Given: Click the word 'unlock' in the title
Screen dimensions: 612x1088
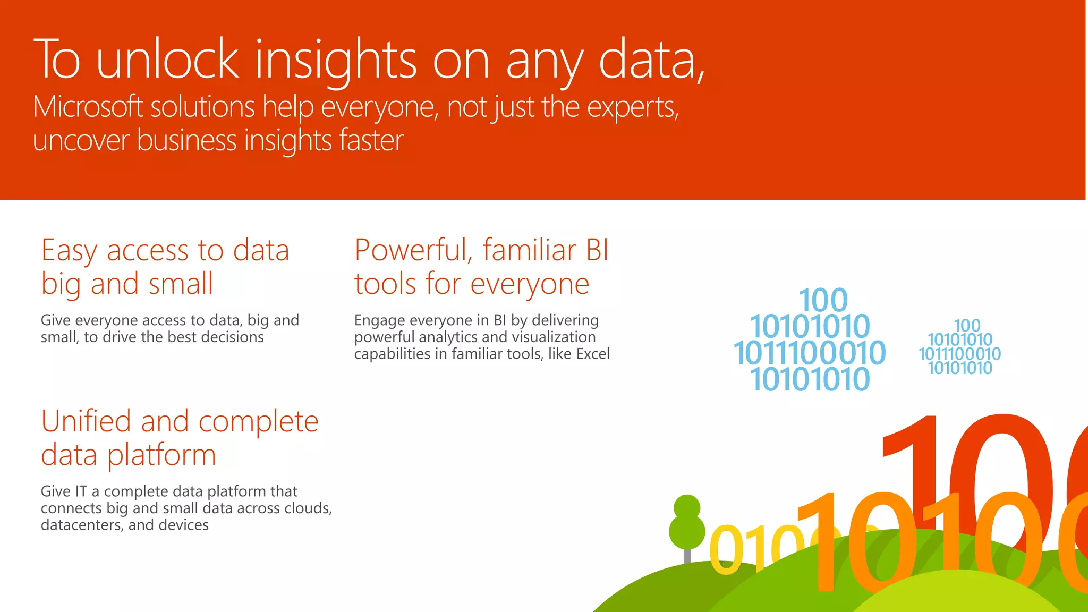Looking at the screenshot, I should point(168,59).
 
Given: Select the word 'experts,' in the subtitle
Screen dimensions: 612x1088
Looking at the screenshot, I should point(633,108).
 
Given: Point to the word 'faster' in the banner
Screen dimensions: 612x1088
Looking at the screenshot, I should point(371,141).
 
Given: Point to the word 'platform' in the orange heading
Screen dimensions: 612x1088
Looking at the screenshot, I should point(161,456).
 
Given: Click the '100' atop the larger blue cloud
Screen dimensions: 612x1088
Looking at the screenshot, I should point(823,301).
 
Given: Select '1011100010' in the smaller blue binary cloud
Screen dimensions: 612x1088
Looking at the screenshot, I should point(959,354).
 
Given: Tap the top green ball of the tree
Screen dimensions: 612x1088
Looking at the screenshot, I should point(687,506).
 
